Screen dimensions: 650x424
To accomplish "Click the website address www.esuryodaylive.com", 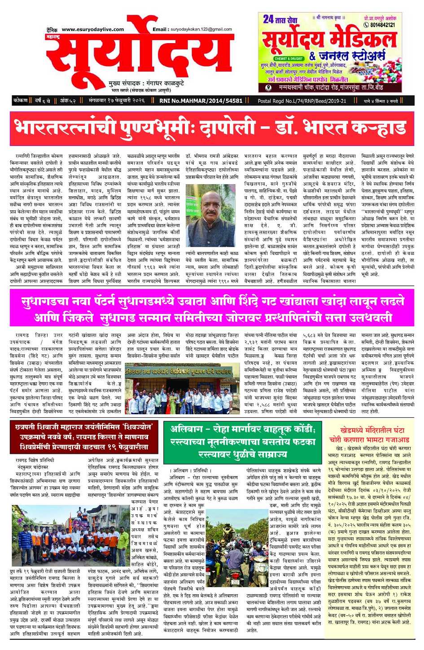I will click(x=92, y=29).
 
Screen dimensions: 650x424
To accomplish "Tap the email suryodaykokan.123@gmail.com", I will click(x=200, y=29).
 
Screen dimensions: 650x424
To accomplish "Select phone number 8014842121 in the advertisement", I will click(x=382, y=25).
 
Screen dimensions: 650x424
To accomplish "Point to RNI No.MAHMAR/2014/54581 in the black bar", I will click(x=201, y=101).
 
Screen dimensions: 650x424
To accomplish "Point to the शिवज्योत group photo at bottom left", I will click(x=69, y=539).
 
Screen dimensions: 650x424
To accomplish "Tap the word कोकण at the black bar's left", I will click(x=21, y=101).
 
